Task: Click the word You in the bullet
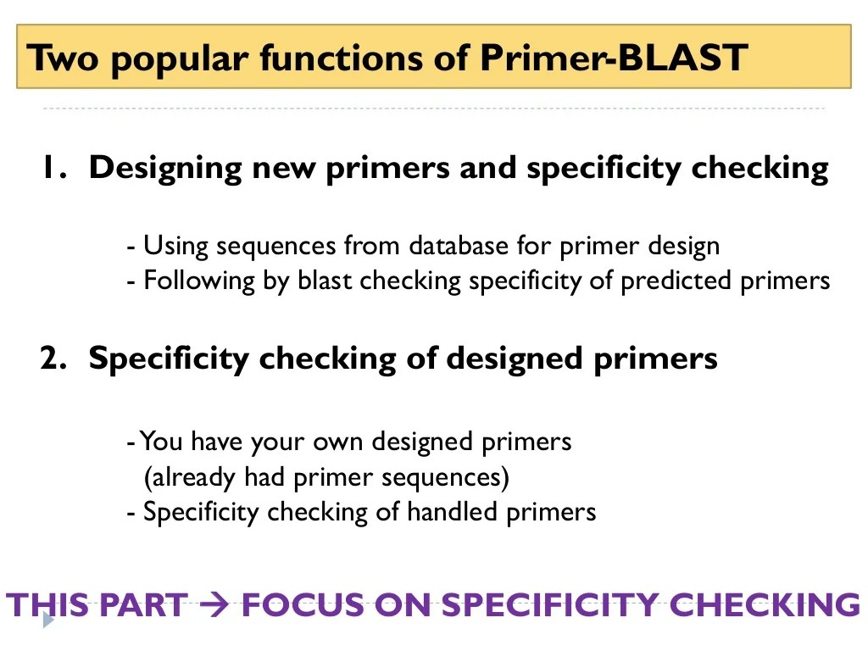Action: (x=163, y=442)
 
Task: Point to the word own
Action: (x=339, y=442)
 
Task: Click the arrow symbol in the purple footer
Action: (x=213, y=605)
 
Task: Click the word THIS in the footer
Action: (x=47, y=605)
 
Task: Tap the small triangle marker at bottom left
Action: (x=47, y=620)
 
